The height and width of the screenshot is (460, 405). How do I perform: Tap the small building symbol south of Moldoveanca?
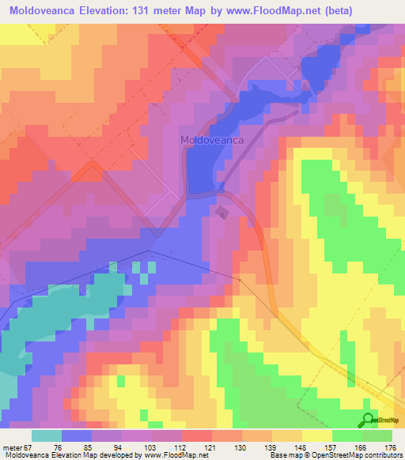[x=221, y=211]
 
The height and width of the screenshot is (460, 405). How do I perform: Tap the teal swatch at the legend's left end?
[x=46, y=435]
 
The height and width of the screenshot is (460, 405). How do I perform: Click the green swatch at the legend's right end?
[x=377, y=435]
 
